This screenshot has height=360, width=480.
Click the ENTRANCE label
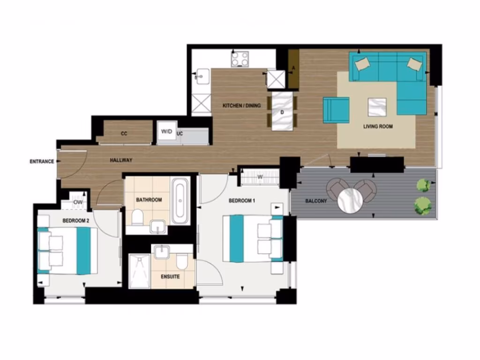[x=42, y=161]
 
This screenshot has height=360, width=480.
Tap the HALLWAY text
[x=121, y=160]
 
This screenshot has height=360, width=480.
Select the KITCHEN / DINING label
[x=241, y=105]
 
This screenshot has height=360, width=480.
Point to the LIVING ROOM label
[x=378, y=127]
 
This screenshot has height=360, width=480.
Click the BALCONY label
[x=316, y=201]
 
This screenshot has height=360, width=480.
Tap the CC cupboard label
[x=124, y=134]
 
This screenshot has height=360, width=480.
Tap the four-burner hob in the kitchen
[x=240, y=59]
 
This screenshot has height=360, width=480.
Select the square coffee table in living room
[x=377, y=106]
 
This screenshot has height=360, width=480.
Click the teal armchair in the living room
[x=336, y=110]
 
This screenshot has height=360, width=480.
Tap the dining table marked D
[x=282, y=112]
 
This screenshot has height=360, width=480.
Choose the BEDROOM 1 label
[x=242, y=201]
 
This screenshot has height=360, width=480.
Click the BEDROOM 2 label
[x=75, y=220]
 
